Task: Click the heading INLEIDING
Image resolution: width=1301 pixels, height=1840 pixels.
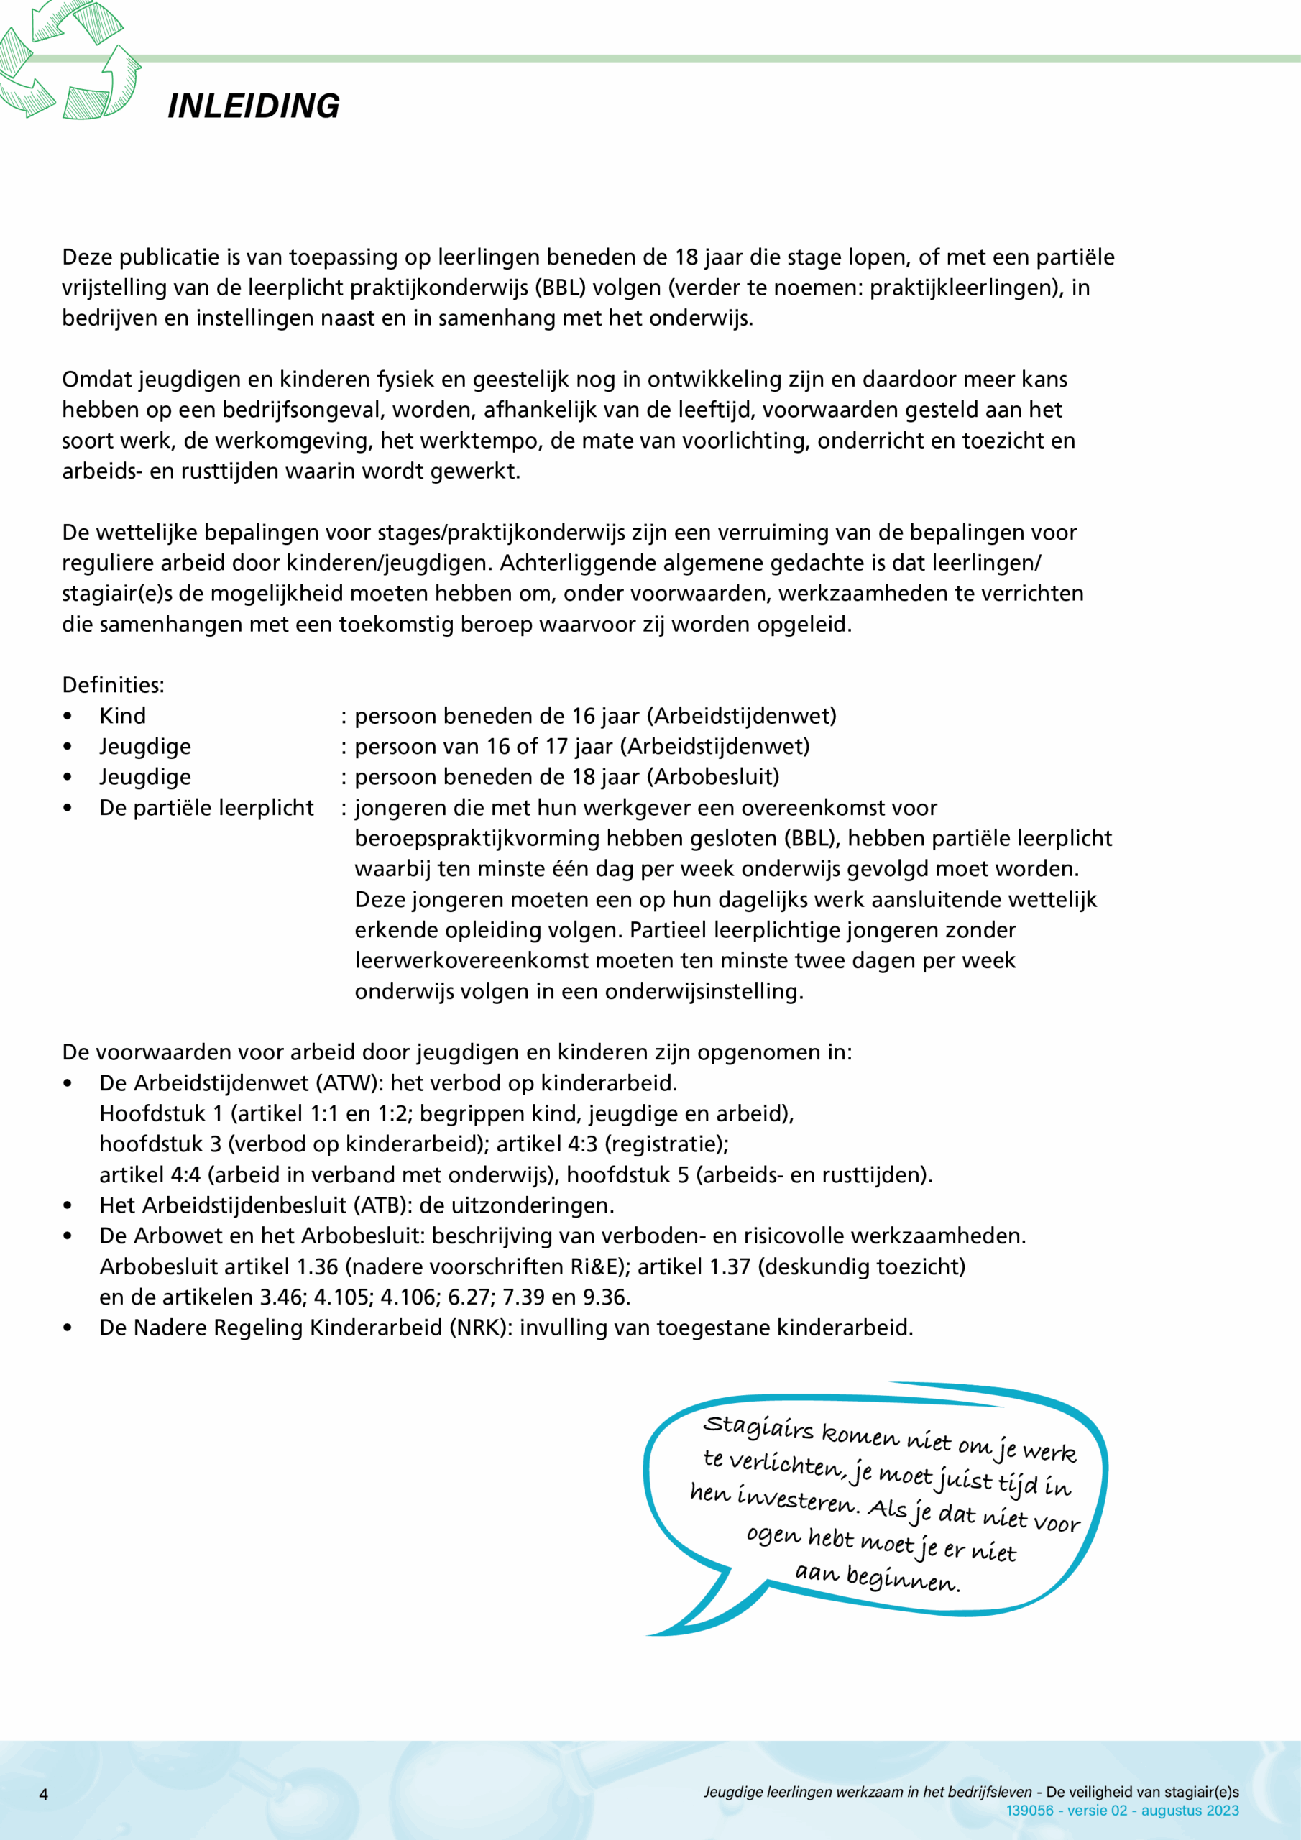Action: point(253,106)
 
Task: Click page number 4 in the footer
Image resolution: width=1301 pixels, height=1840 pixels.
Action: point(44,1794)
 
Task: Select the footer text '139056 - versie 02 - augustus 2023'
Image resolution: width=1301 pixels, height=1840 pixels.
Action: point(1122,1811)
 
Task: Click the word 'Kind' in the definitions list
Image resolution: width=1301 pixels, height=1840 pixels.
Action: point(123,716)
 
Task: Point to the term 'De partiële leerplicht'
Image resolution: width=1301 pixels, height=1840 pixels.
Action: point(206,807)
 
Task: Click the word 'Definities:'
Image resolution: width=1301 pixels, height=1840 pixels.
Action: point(113,684)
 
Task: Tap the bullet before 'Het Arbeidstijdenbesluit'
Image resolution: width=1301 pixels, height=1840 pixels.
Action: point(68,1205)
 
